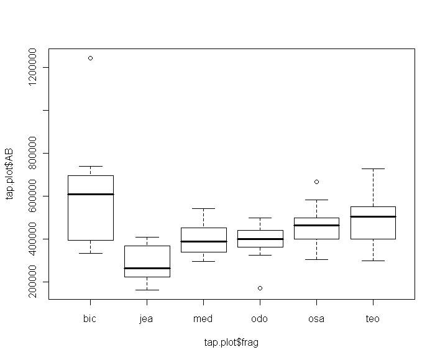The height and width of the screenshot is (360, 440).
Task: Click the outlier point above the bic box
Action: click(x=90, y=58)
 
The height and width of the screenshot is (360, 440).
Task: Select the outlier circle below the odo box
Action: click(x=260, y=288)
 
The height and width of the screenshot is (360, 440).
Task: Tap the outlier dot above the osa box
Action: click(x=316, y=182)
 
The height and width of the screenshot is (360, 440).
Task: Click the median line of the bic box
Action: click(x=90, y=194)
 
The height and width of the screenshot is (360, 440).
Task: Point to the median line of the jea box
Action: click(x=147, y=268)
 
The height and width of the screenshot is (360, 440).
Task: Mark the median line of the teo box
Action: click(x=373, y=216)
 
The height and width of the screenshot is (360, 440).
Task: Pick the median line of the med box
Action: click(x=203, y=241)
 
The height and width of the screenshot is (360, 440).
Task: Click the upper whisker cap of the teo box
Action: click(x=373, y=168)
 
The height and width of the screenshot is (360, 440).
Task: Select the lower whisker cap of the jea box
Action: click(x=147, y=290)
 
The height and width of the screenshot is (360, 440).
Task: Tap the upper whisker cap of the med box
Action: click(x=203, y=208)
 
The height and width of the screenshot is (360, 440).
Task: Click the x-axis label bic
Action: click(x=90, y=319)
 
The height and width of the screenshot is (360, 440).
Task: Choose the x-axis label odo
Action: click(x=260, y=319)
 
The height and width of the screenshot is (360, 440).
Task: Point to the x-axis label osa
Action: click(x=316, y=319)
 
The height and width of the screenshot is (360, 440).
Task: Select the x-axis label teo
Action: click(x=373, y=319)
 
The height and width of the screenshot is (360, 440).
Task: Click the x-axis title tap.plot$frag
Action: click(x=231, y=343)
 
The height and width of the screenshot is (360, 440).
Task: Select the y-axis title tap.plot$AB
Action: click(x=10, y=174)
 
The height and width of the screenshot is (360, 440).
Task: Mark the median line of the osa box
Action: click(x=316, y=225)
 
